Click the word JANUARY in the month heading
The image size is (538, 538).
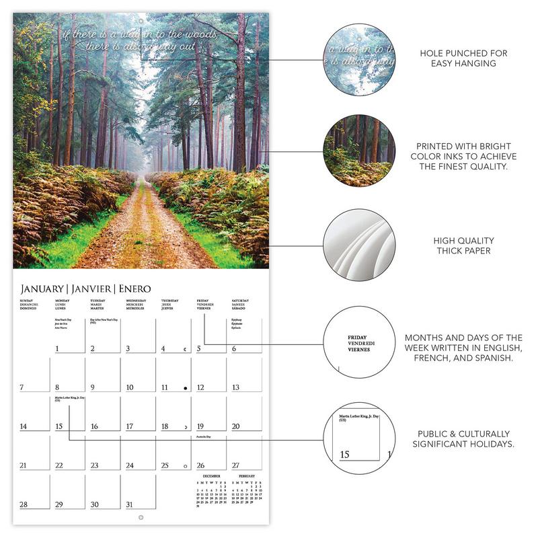(x=42, y=289)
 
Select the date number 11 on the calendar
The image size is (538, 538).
(x=164, y=387)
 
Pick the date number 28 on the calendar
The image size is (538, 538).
(x=24, y=504)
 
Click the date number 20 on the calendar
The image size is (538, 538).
(x=235, y=426)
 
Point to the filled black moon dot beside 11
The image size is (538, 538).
(x=184, y=387)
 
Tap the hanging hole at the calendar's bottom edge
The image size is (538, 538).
(x=141, y=516)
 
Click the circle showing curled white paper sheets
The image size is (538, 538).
(x=359, y=245)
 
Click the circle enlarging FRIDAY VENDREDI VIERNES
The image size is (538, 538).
(x=359, y=342)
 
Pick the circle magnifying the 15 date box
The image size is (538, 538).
(x=359, y=438)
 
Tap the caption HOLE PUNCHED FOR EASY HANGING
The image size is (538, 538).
(x=463, y=58)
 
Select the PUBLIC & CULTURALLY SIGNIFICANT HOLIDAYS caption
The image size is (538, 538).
(x=463, y=438)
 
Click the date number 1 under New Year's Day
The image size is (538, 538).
(x=57, y=348)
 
